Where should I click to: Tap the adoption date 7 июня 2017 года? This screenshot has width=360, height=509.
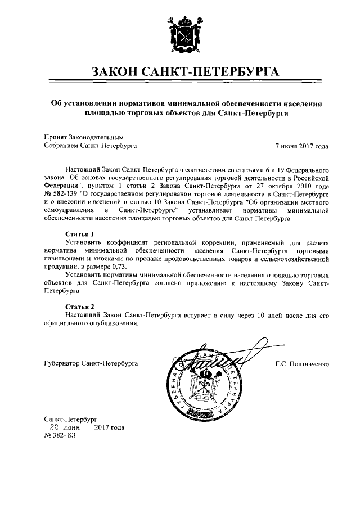[x=301, y=145]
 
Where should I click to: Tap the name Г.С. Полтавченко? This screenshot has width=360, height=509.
[x=303, y=364]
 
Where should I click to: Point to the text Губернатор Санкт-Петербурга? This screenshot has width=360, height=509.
[x=91, y=364]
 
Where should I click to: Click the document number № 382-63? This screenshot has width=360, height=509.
[x=59, y=435]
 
